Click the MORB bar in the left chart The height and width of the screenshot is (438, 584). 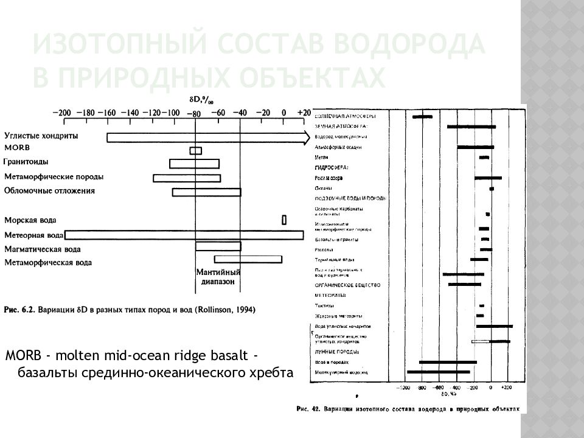(x=195, y=150)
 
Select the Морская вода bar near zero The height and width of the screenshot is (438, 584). (x=284, y=220)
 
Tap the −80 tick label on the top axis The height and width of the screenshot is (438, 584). (x=194, y=113)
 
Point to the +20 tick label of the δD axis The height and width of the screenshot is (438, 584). (x=304, y=113)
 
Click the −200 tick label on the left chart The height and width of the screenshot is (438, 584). (x=62, y=113)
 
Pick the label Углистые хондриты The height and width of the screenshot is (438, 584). (x=41, y=136)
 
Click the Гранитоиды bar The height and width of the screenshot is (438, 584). (x=194, y=163)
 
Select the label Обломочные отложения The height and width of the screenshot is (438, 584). (x=50, y=191)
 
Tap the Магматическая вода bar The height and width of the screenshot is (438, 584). (x=218, y=246)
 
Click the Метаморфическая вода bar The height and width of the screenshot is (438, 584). (x=248, y=259)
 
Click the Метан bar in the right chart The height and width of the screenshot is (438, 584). (x=484, y=158)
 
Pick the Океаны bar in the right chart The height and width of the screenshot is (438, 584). (x=492, y=189)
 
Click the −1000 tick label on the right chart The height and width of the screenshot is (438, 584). (x=403, y=388)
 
